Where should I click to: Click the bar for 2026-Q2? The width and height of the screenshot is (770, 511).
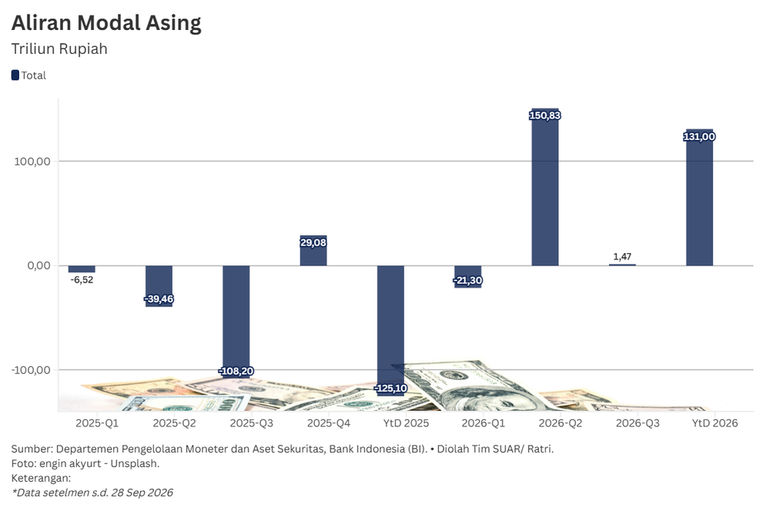[x=545, y=187]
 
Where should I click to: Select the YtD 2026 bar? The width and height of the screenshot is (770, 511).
[x=699, y=197]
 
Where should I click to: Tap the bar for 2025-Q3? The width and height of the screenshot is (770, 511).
[x=236, y=322]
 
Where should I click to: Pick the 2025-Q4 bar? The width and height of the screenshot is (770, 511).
[x=313, y=250]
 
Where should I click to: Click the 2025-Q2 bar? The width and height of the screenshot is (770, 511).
[x=159, y=286]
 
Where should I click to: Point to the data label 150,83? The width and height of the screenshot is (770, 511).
[x=545, y=115]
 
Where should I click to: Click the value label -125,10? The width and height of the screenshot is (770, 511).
[x=390, y=389]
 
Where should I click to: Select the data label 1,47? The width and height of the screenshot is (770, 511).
[x=622, y=256]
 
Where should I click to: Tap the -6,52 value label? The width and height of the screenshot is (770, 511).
[x=82, y=280]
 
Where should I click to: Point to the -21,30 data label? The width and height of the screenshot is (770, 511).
[x=467, y=280]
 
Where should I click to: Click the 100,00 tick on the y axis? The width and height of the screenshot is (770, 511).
[x=32, y=162]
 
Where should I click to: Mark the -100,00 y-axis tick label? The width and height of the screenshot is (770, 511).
[x=31, y=370]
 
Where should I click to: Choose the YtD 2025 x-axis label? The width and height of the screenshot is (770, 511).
[x=406, y=423]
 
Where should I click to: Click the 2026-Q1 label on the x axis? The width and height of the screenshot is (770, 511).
[x=484, y=423]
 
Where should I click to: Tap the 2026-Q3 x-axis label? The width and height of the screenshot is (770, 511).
[x=638, y=423]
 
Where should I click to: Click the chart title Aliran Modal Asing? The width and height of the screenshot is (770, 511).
[x=106, y=23]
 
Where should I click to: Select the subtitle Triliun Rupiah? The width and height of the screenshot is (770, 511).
[x=59, y=49]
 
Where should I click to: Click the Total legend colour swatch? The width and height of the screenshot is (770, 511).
[x=15, y=75]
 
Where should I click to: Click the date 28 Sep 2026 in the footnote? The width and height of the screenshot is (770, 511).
[x=142, y=493]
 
